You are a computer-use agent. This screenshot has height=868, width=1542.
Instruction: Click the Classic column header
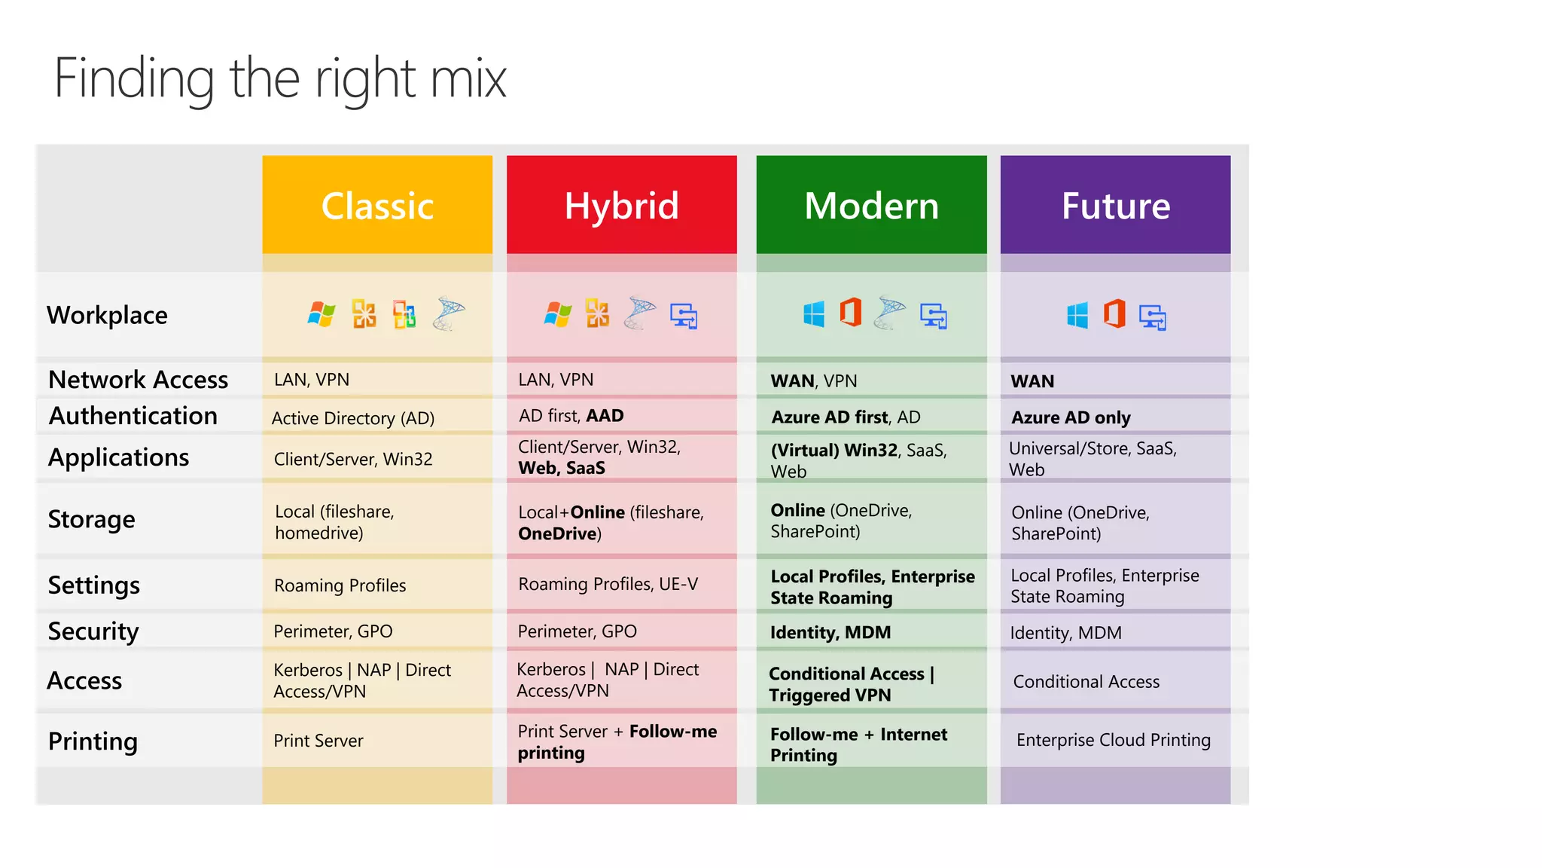pos(377,205)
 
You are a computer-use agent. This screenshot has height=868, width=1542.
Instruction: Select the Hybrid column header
pos(621,205)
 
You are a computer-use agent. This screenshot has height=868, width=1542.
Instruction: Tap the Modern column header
pos(871,205)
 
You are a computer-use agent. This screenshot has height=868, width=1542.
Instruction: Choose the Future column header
pos(1115,205)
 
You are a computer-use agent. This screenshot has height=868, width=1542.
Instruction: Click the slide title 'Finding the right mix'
pos(280,78)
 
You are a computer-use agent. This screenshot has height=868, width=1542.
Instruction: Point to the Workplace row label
pos(107,315)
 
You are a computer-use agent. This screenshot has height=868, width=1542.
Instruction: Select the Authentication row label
pos(133,416)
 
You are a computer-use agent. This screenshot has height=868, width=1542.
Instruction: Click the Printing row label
pos(93,741)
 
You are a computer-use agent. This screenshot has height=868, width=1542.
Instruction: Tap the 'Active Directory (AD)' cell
pos(352,418)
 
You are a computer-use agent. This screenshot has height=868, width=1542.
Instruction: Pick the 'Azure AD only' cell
pos(1070,417)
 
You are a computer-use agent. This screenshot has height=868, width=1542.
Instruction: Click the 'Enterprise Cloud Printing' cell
pos(1113,740)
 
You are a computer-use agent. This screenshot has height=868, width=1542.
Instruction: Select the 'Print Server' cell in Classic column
pos(318,741)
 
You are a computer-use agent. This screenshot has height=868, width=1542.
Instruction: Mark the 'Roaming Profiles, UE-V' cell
pos(608,584)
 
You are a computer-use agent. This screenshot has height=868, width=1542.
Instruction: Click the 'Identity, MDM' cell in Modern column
pos(830,632)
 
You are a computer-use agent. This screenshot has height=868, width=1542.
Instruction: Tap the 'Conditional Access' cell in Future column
pos(1086,681)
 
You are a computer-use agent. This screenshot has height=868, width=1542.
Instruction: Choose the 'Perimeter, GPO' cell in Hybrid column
pos(577,631)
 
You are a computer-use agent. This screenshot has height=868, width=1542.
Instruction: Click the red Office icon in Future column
pos(1114,313)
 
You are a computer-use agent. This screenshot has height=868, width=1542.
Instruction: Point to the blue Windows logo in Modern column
pos(814,313)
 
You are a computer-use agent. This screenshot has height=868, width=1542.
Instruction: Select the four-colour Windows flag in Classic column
pos(322,313)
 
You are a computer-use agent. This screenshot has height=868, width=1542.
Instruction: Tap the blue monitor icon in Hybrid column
pos(684,316)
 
